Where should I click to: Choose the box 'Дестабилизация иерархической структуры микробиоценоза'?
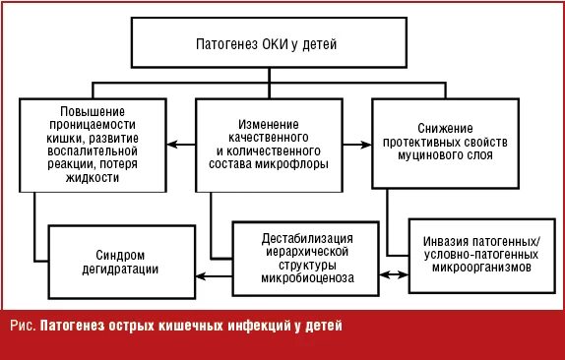tap(307, 257)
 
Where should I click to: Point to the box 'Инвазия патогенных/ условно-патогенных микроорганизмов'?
tap(475, 254)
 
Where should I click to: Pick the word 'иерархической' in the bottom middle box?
tap(307, 251)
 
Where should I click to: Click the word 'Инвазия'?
tap(449, 241)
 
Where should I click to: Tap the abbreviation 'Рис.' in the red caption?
tap(22, 326)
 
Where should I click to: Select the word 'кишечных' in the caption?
tap(189, 326)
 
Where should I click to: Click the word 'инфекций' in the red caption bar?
tap(256, 326)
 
